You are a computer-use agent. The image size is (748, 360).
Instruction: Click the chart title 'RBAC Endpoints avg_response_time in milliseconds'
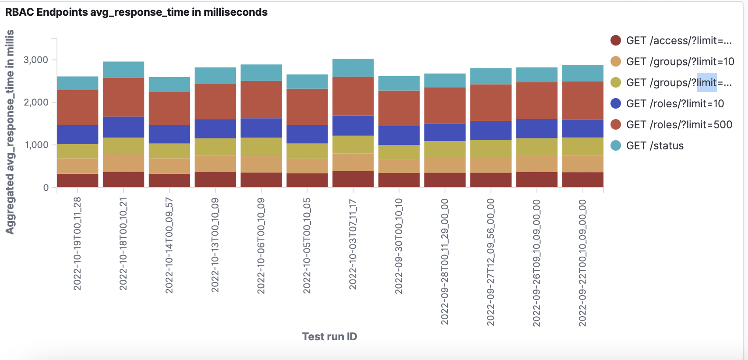tap(136, 12)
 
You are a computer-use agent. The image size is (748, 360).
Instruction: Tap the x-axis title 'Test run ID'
tap(329, 336)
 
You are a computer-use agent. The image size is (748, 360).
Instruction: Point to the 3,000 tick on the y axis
tap(36, 60)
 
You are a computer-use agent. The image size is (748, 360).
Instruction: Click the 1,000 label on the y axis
tap(36, 145)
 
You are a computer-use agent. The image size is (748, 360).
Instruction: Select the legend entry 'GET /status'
tap(654, 146)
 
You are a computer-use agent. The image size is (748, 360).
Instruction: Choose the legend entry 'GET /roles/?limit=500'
tap(679, 125)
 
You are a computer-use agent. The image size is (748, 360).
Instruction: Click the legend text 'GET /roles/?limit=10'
tap(674, 104)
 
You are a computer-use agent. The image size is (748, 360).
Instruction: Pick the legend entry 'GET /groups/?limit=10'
tap(680, 62)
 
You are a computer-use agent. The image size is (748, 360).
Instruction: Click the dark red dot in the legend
tap(616, 41)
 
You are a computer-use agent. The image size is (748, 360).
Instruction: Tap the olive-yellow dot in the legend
tap(616, 83)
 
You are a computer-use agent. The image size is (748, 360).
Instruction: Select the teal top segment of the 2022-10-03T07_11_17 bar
tap(353, 67)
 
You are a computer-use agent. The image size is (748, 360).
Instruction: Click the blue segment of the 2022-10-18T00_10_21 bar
tap(123, 127)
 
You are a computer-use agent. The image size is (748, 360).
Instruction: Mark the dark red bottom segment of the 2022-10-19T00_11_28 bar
tap(78, 180)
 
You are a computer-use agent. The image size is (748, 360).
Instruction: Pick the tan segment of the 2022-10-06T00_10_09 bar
tap(261, 164)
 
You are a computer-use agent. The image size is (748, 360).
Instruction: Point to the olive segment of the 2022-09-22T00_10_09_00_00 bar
tap(582, 147)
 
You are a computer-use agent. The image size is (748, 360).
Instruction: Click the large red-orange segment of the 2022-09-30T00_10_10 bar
tap(399, 108)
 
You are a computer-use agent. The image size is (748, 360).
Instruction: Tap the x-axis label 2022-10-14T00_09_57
tap(169, 245)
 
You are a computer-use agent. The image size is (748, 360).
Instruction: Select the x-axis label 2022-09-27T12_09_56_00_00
tap(491, 262)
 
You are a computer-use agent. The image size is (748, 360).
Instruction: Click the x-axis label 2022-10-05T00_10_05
tap(307, 245)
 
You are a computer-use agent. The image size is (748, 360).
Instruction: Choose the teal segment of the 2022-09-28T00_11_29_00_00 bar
tap(445, 80)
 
